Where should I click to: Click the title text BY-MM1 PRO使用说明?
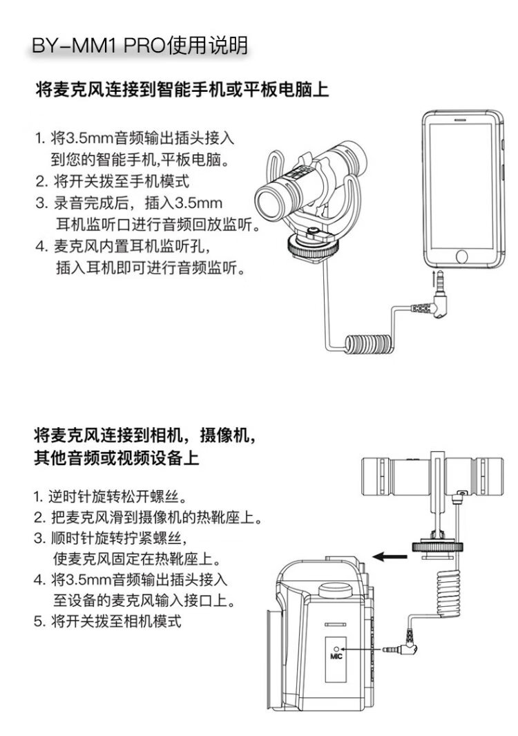pos(140,46)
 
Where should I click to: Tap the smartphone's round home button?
pos(461,256)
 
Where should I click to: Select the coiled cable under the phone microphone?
pos(369,343)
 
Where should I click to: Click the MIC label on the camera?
pos(336,657)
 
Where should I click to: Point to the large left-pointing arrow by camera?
pos(390,557)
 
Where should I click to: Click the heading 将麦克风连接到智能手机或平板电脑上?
pos(182,89)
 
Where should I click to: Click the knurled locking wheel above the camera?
pos(437,547)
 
